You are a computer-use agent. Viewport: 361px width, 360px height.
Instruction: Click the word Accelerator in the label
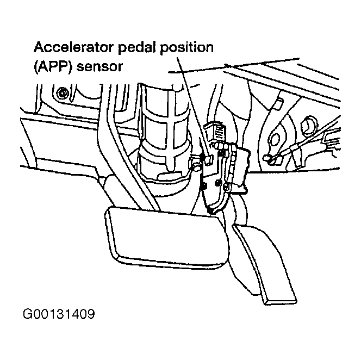point(73,47)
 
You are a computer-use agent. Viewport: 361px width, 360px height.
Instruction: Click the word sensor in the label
point(99,67)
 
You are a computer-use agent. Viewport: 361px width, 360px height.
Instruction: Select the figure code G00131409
point(59,314)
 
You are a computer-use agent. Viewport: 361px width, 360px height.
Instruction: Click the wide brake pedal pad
point(166,237)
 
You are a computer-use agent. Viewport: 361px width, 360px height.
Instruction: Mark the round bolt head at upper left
point(61,94)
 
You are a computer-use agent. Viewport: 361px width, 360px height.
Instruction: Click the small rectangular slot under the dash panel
point(278,104)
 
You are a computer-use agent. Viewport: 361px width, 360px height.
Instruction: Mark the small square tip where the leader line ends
point(209,160)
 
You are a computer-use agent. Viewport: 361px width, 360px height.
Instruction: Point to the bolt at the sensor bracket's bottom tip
point(210,211)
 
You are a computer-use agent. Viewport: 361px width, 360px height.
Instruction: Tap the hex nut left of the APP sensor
point(196,166)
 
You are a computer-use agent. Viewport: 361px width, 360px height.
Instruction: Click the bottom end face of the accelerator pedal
point(281,301)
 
